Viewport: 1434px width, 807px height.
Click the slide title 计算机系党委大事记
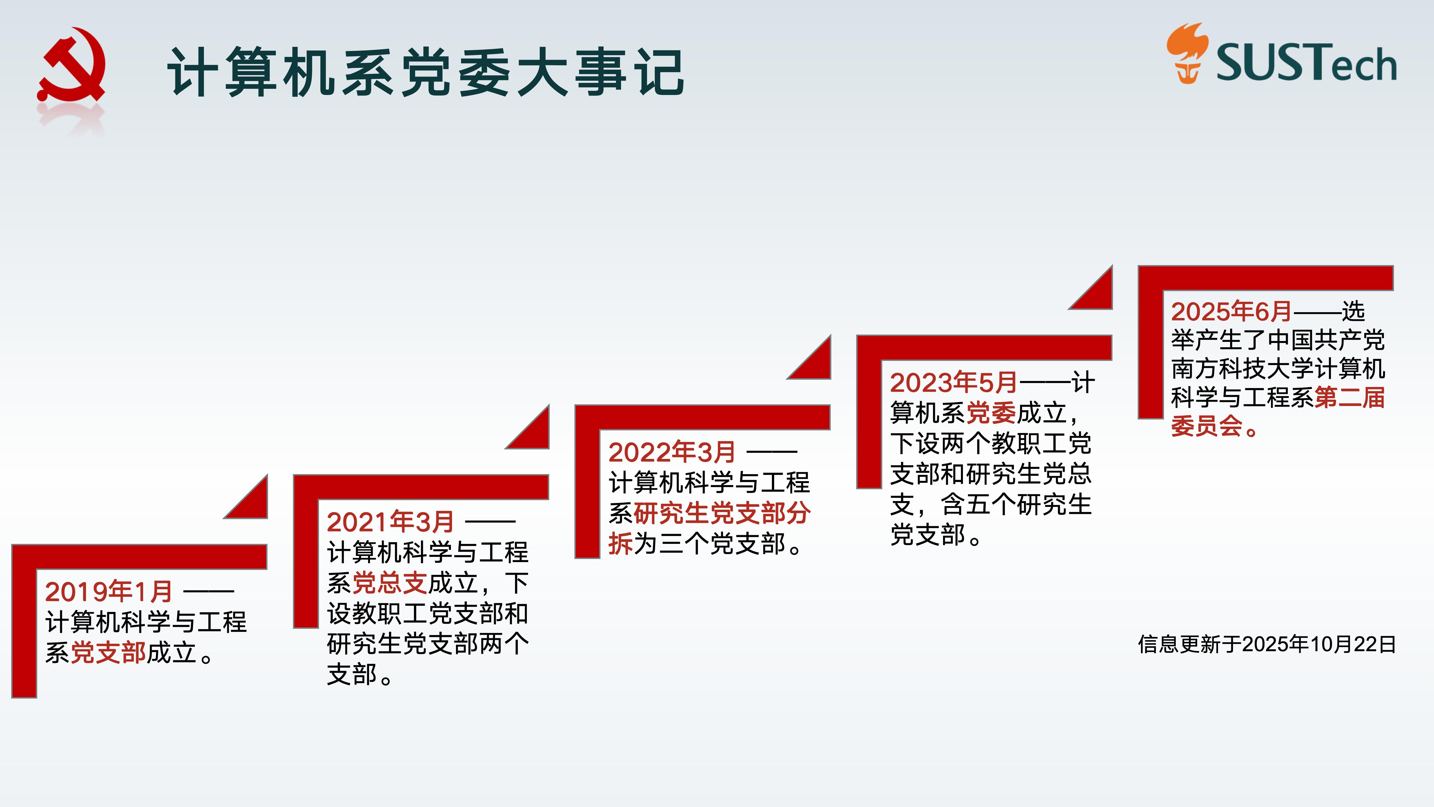click(426, 72)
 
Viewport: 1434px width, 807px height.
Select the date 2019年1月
click(109, 592)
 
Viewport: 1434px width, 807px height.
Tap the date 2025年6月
click(1231, 311)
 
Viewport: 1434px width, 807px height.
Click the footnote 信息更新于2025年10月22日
click(1267, 644)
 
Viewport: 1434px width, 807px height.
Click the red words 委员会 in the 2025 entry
click(1207, 426)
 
